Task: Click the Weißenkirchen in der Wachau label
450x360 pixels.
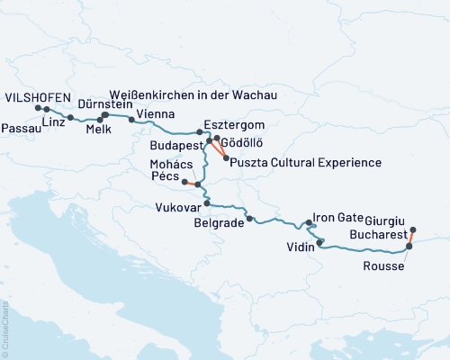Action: [x=192, y=94]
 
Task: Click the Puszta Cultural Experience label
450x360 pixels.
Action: [x=306, y=162]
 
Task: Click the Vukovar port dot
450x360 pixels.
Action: [x=207, y=203]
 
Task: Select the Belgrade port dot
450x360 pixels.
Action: [x=249, y=219]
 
